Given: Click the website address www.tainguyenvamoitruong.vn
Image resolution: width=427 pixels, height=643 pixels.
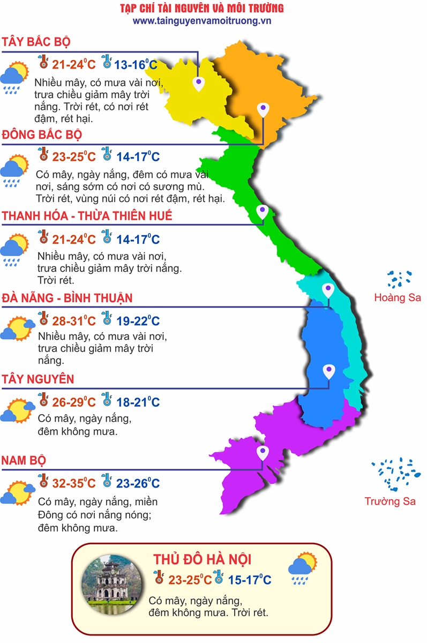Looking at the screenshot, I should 202,21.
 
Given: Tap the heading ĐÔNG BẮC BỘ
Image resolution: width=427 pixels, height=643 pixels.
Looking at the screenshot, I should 42,134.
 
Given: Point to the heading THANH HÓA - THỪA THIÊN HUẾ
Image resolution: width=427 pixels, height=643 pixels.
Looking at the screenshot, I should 87,216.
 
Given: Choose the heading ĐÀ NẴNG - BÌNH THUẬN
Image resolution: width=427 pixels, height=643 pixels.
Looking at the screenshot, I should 67,298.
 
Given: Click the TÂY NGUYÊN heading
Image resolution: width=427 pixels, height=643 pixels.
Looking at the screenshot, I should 38,379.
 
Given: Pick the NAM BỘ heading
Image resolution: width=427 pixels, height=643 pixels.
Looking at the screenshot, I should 24,460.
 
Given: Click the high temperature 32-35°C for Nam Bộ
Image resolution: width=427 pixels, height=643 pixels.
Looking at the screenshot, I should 73,483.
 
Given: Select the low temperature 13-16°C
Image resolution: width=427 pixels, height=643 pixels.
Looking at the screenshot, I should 136,65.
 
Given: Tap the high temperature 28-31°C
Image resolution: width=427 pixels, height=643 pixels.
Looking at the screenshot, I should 73,321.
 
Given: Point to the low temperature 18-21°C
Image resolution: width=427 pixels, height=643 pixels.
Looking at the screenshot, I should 138,402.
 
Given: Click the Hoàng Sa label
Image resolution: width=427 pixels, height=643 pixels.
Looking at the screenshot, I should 398,298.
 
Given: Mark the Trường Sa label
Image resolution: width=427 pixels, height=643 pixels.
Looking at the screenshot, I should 390,502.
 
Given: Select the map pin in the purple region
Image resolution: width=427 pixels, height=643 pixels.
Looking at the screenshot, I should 263,453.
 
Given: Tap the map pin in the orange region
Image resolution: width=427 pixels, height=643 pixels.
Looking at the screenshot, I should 263,110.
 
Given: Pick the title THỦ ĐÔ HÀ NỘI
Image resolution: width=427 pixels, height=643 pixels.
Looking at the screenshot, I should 202,559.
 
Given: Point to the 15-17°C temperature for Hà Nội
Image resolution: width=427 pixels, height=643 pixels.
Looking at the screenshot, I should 249,579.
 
